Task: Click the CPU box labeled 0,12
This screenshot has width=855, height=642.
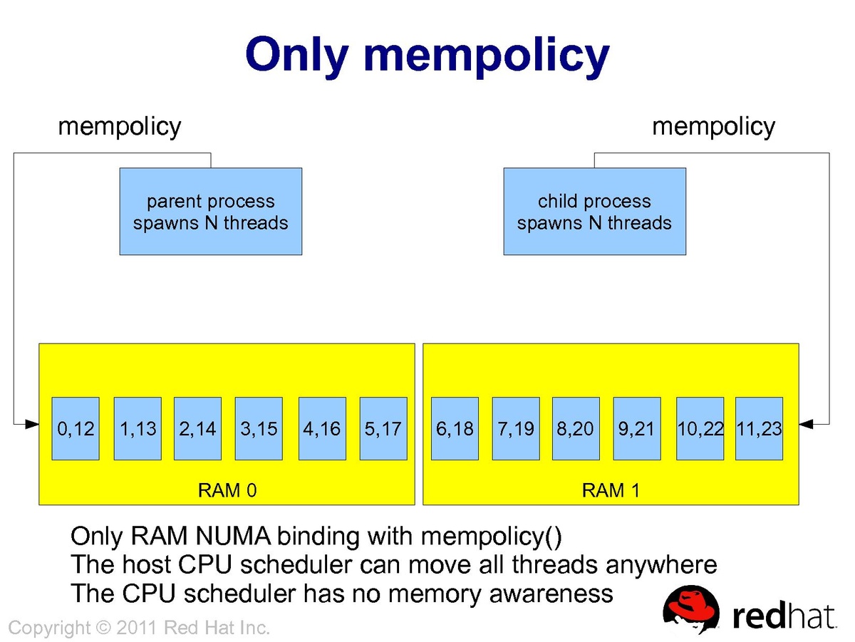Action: click(76, 428)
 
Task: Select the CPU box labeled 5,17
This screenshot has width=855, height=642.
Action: click(383, 428)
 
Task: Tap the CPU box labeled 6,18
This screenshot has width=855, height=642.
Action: click(454, 428)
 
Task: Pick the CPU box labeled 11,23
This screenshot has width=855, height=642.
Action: click(759, 428)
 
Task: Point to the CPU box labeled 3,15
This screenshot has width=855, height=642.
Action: click(259, 428)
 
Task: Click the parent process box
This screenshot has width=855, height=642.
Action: click(210, 212)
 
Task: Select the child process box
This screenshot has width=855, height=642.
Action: click(594, 212)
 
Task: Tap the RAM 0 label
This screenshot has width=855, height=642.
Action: click(227, 491)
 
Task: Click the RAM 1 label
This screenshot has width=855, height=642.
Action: click(611, 491)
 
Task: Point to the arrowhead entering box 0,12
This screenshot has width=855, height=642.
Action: click(33, 425)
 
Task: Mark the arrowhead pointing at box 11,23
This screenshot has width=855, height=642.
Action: click(805, 425)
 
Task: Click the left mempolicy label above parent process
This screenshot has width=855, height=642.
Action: click(120, 127)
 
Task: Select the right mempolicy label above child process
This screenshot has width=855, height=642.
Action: click(713, 127)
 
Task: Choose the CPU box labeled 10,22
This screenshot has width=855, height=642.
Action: click(700, 428)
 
